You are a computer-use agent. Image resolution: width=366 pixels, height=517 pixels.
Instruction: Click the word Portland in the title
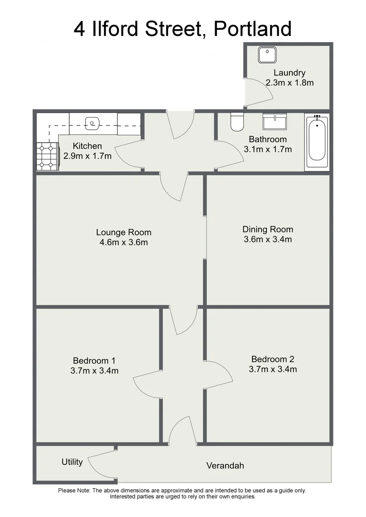click(x=252, y=29)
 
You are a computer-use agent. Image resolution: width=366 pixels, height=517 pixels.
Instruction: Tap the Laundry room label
click(x=289, y=73)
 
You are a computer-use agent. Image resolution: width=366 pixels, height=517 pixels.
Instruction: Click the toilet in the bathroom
click(x=237, y=122)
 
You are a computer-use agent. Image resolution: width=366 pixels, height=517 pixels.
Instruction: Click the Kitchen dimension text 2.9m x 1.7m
click(x=87, y=156)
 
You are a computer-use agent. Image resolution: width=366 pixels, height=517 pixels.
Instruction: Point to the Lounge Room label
click(x=124, y=233)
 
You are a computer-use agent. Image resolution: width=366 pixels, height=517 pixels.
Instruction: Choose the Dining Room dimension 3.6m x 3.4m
click(x=267, y=239)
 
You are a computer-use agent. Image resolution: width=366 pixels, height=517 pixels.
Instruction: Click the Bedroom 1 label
click(x=94, y=360)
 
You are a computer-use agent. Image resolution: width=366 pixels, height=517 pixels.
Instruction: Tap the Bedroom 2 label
click(x=273, y=359)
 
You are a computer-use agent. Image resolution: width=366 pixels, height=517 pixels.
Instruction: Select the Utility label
click(x=72, y=462)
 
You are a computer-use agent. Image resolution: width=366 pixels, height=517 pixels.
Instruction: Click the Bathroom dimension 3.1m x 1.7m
click(x=268, y=149)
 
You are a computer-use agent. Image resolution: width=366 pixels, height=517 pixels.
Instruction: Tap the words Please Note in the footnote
click(x=74, y=490)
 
